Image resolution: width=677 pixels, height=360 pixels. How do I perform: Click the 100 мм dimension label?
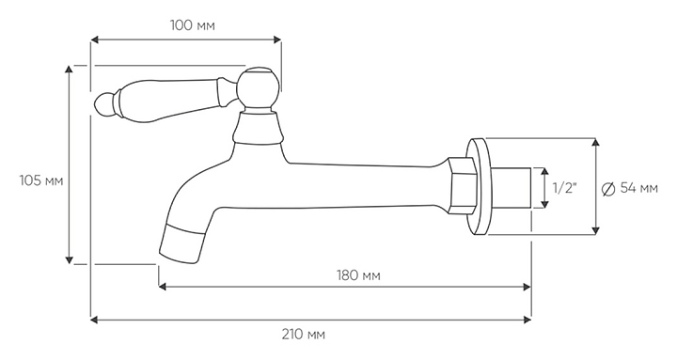[192, 25]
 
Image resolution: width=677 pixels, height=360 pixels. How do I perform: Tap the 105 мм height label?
[41, 180]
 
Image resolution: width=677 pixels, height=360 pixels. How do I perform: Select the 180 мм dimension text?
[358, 275]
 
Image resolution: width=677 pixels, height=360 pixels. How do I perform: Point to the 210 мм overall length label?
[304, 334]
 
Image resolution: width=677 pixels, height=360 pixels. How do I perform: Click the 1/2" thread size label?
[565, 188]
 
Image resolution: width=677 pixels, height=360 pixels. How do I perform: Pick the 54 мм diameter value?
[639, 188]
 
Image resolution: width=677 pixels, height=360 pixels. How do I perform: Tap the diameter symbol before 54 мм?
[608, 189]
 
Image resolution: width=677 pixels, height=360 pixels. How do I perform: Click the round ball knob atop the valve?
[257, 89]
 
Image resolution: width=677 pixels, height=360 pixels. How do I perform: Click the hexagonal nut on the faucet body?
[462, 185]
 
